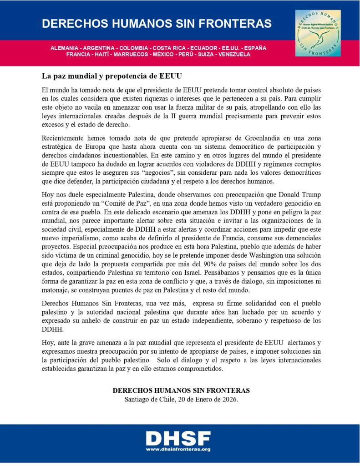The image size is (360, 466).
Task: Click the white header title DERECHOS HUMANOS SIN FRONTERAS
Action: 157,24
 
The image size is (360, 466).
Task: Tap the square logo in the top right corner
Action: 318,33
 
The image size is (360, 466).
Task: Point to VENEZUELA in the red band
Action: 234,54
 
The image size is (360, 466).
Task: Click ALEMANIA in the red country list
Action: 66,48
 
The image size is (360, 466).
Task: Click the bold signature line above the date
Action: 181,391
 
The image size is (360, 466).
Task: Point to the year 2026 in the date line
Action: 228,400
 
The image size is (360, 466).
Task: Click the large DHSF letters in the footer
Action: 178,438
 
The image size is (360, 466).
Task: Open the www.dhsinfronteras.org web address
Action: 178,450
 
